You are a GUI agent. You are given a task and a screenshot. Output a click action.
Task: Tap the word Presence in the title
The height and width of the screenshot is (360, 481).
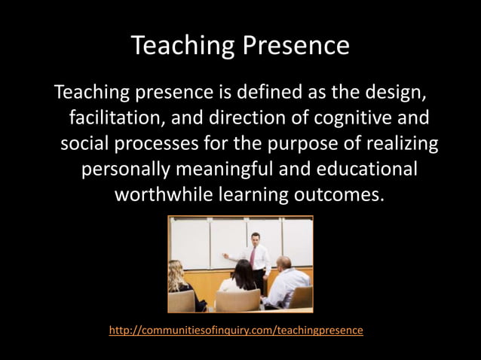tap(296, 47)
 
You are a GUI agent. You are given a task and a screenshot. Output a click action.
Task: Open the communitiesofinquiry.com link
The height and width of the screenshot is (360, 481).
tap(236, 330)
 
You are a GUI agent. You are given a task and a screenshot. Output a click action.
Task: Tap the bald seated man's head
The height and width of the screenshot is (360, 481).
tap(283, 263)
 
